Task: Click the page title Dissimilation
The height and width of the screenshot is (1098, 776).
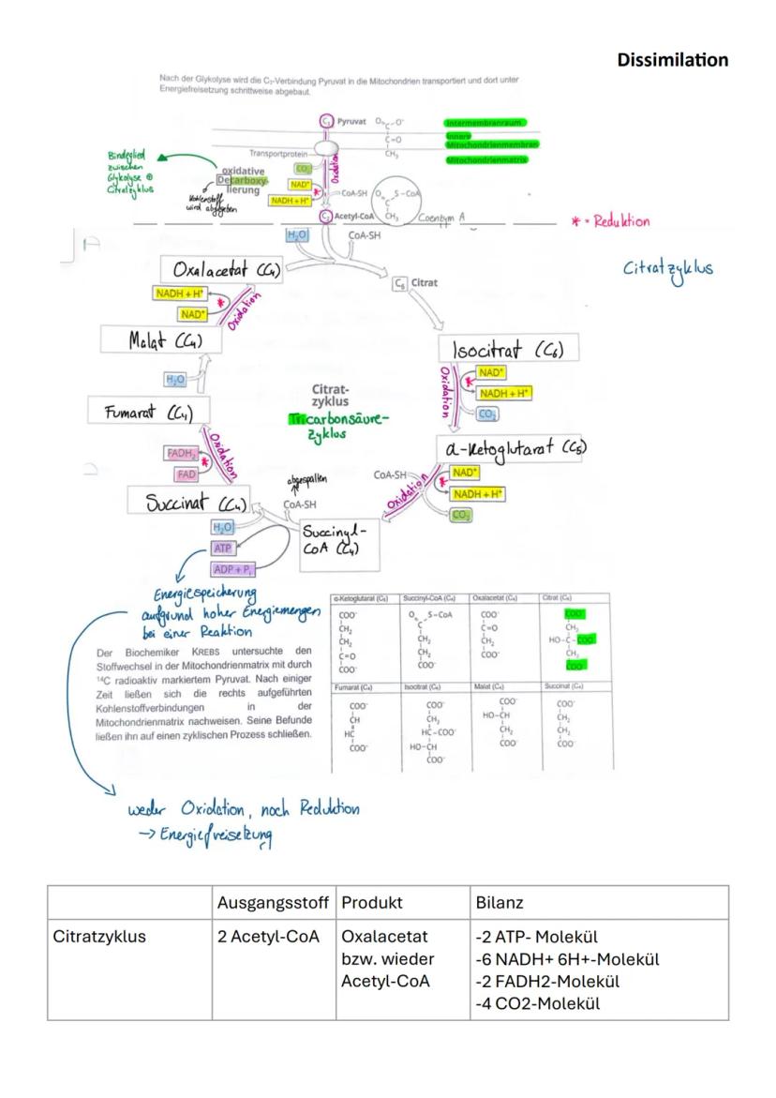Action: tap(672, 60)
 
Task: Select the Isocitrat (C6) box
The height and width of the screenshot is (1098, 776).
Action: tap(506, 350)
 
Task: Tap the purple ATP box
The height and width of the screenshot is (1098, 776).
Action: tap(222, 548)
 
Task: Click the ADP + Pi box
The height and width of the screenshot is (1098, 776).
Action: tap(232, 568)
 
